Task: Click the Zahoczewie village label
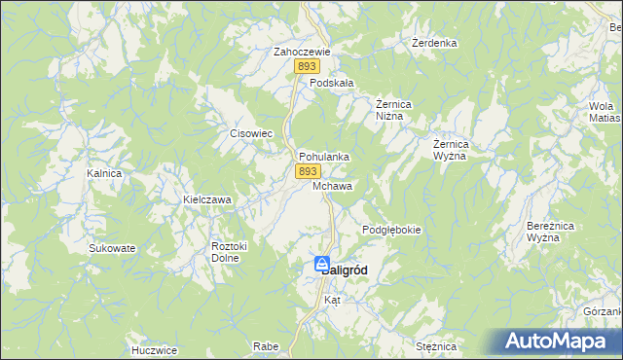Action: [303, 53]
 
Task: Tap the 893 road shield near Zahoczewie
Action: [308, 66]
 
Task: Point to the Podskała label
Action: [331, 84]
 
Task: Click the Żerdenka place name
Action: [434, 44]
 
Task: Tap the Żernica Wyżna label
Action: [451, 149]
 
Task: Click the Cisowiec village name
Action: [248, 134]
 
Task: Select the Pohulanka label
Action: [324, 156]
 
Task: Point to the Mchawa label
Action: [333, 185]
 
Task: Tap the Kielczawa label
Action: [207, 199]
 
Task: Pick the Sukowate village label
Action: [112, 248]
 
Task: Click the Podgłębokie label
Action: [391, 230]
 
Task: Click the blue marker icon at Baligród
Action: [321, 264]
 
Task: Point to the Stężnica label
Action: [435, 346]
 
